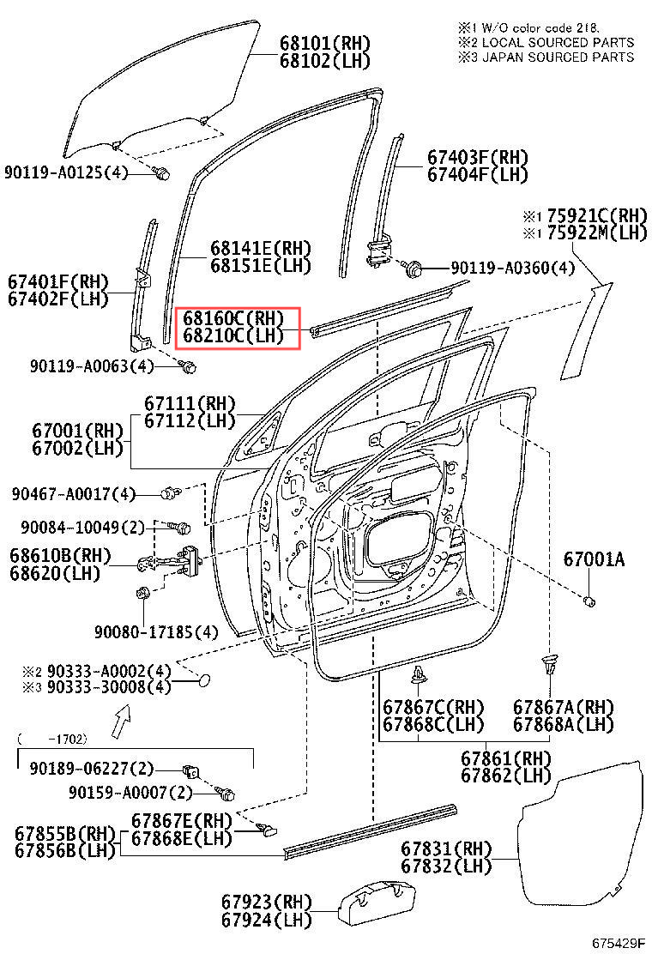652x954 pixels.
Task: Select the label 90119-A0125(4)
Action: tap(65, 172)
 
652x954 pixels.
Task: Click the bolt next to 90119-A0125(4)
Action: tap(160, 173)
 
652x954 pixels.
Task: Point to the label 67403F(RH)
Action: tap(477, 158)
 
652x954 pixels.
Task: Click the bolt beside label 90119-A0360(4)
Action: tap(413, 269)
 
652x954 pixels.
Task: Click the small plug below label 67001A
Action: tap(589, 601)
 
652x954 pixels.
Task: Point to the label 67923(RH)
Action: tap(266, 903)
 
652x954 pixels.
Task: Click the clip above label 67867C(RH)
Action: tap(419, 675)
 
